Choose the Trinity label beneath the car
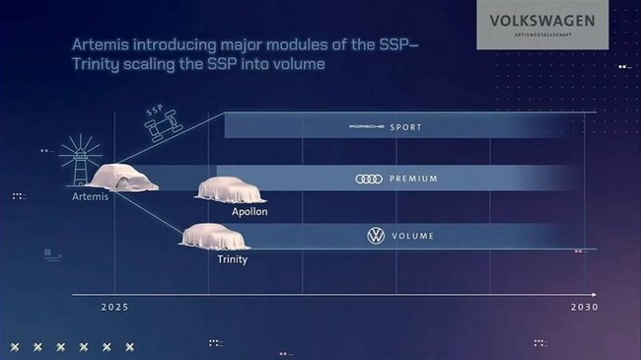click(x=232, y=259)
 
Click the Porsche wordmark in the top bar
click(x=371, y=127)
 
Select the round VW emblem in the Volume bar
click(x=375, y=237)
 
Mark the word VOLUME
click(x=413, y=237)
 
